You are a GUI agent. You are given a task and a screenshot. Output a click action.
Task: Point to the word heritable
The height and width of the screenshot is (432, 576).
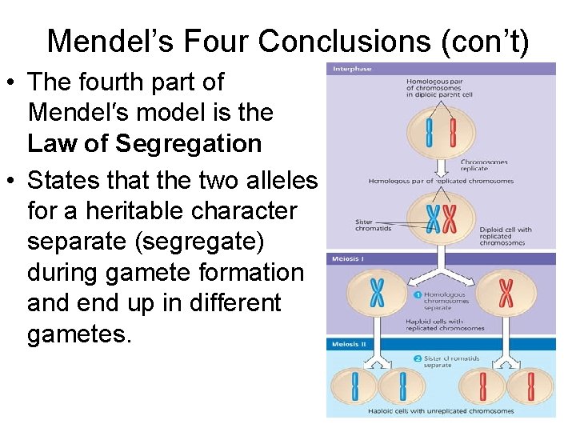tap(135, 211)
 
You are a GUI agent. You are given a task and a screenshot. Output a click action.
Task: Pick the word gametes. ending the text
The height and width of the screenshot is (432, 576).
tap(78, 334)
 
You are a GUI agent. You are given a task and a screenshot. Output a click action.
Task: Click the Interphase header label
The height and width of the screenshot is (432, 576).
tap(352, 69)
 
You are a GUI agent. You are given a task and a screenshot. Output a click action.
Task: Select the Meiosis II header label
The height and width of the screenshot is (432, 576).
tap(351, 344)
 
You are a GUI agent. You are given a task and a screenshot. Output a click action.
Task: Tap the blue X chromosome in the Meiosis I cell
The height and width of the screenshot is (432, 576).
tap(377, 292)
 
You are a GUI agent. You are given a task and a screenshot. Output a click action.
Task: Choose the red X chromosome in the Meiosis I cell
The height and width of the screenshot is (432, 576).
tap(506, 292)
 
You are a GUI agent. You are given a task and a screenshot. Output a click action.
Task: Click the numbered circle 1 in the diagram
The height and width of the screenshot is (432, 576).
tap(418, 294)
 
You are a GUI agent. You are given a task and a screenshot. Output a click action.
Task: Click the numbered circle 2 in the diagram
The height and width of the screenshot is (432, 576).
tap(419, 358)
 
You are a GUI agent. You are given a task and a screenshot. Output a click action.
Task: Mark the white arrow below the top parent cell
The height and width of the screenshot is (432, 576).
tap(442, 165)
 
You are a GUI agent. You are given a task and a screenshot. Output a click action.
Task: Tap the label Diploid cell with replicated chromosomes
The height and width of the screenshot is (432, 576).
tap(506, 234)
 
